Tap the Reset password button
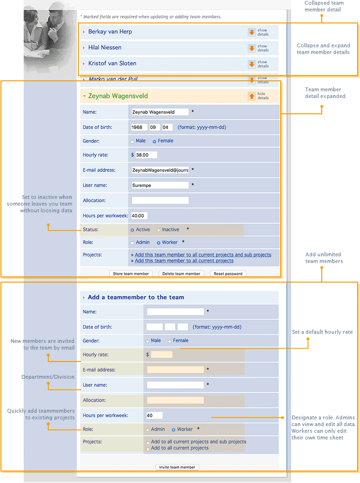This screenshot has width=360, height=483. (228, 274)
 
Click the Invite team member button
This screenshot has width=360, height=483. (177, 467)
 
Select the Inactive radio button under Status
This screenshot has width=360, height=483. (159, 230)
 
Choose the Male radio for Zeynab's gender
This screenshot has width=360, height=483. (132, 142)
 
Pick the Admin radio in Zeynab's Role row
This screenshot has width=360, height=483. (132, 243)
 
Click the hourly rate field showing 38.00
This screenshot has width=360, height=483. (146, 155)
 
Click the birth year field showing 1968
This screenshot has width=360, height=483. (139, 128)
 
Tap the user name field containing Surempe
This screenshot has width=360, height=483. (160, 185)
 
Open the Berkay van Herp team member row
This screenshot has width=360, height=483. (110, 32)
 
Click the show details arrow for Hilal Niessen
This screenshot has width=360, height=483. (251, 48)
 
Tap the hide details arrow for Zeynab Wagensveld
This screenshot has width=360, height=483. (251, 96)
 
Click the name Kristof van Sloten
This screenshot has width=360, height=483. (112, 64)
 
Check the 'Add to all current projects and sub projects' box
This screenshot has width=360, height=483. (148, 443)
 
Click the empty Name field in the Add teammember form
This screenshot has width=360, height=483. (175, 312)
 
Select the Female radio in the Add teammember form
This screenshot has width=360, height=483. (170, 341)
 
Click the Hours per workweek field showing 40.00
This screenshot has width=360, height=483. (140, 216)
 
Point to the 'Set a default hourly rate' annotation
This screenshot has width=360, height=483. (322, 332)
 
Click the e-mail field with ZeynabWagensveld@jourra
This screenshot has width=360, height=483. (160, 170)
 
